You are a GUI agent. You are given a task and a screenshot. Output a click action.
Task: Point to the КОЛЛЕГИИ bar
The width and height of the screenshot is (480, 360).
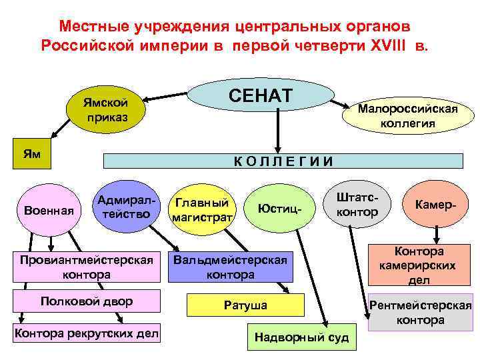[282, 161]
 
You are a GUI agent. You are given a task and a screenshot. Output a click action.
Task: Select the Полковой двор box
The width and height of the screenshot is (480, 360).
[86, 301]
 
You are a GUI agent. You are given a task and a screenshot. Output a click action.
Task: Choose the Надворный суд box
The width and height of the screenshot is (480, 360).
[302, 337]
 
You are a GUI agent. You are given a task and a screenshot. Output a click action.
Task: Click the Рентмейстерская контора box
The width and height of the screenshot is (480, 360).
[421, 313]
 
